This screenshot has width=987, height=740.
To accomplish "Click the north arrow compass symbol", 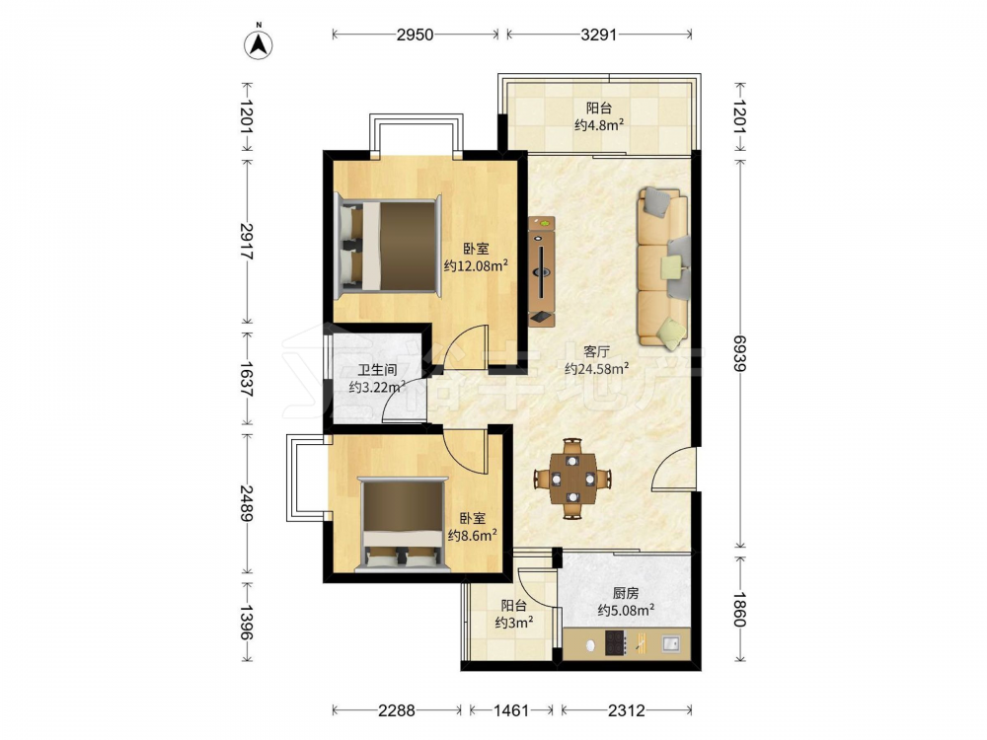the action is (x=258, y=42).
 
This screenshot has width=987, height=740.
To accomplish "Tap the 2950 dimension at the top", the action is (x=416, y=35).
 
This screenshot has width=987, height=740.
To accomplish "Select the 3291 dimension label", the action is (x=599, y=35).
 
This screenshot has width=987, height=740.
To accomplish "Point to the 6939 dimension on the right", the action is (x=740, y=354).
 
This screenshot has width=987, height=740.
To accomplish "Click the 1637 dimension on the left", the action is (x=246, y=380).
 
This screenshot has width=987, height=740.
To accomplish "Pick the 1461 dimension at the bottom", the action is (x=511, y=711).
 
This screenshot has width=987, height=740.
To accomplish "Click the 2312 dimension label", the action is (x=627, y=711).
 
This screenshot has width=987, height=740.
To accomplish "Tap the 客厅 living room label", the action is (x=596, y=351).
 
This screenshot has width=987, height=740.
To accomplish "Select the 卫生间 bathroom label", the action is (x=377, y=371).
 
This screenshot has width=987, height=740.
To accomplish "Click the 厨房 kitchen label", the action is (x=626, y=593).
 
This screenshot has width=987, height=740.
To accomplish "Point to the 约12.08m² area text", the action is (x=476, y=265).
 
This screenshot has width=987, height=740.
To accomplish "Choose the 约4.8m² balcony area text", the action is (x=599, y=124).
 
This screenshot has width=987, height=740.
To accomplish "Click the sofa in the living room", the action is (x=663, y=269).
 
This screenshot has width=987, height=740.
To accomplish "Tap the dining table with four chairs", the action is (x=572, y=479).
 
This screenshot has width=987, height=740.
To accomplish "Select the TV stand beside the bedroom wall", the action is (x=541, y=270).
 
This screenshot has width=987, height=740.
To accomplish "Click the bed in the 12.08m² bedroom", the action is (x=388, y=246).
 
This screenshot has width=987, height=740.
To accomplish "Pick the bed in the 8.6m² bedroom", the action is (x=403, y=524).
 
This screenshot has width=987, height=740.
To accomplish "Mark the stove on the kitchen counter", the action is (x=616, y=643).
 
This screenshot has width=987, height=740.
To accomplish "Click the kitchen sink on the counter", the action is (x=671, y=643).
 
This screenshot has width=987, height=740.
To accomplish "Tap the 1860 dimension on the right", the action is (x=740, y=609).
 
